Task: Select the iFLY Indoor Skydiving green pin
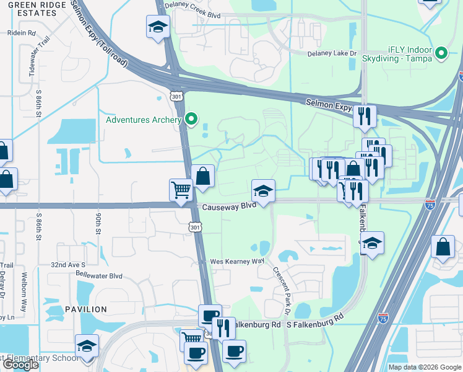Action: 441,54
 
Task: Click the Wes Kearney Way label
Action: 237,262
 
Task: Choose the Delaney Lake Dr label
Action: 332,53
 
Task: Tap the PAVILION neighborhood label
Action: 86,309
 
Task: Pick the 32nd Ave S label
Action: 68,264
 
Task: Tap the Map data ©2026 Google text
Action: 424,367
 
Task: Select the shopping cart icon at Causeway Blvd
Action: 181,190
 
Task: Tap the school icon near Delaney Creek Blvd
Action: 158,27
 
